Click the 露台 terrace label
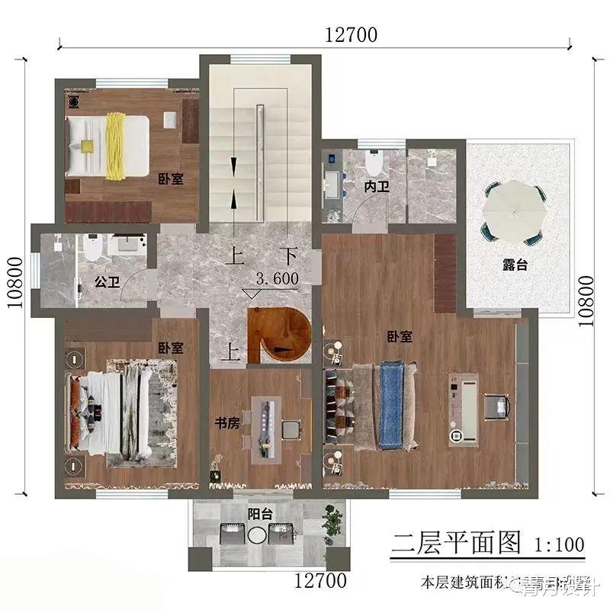[515, 265]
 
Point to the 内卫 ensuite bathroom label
[376, 185]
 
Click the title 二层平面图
[456, 543]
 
